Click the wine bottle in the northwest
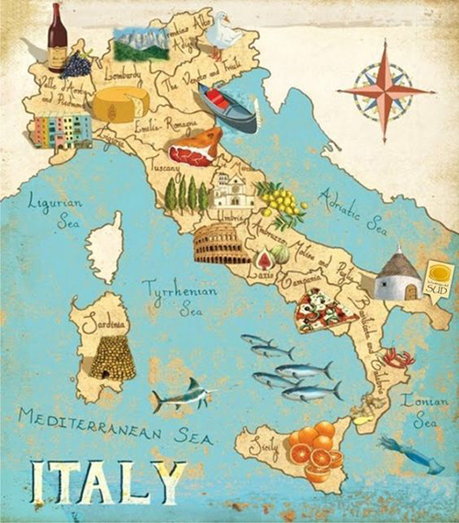pyautogui.click(x=57, y=38)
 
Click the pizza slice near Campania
pyautogui.click(x=324, y=310)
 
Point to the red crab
pyautogui.click(x=398, y=357)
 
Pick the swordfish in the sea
pyautogui.click(x=183, y=395)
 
